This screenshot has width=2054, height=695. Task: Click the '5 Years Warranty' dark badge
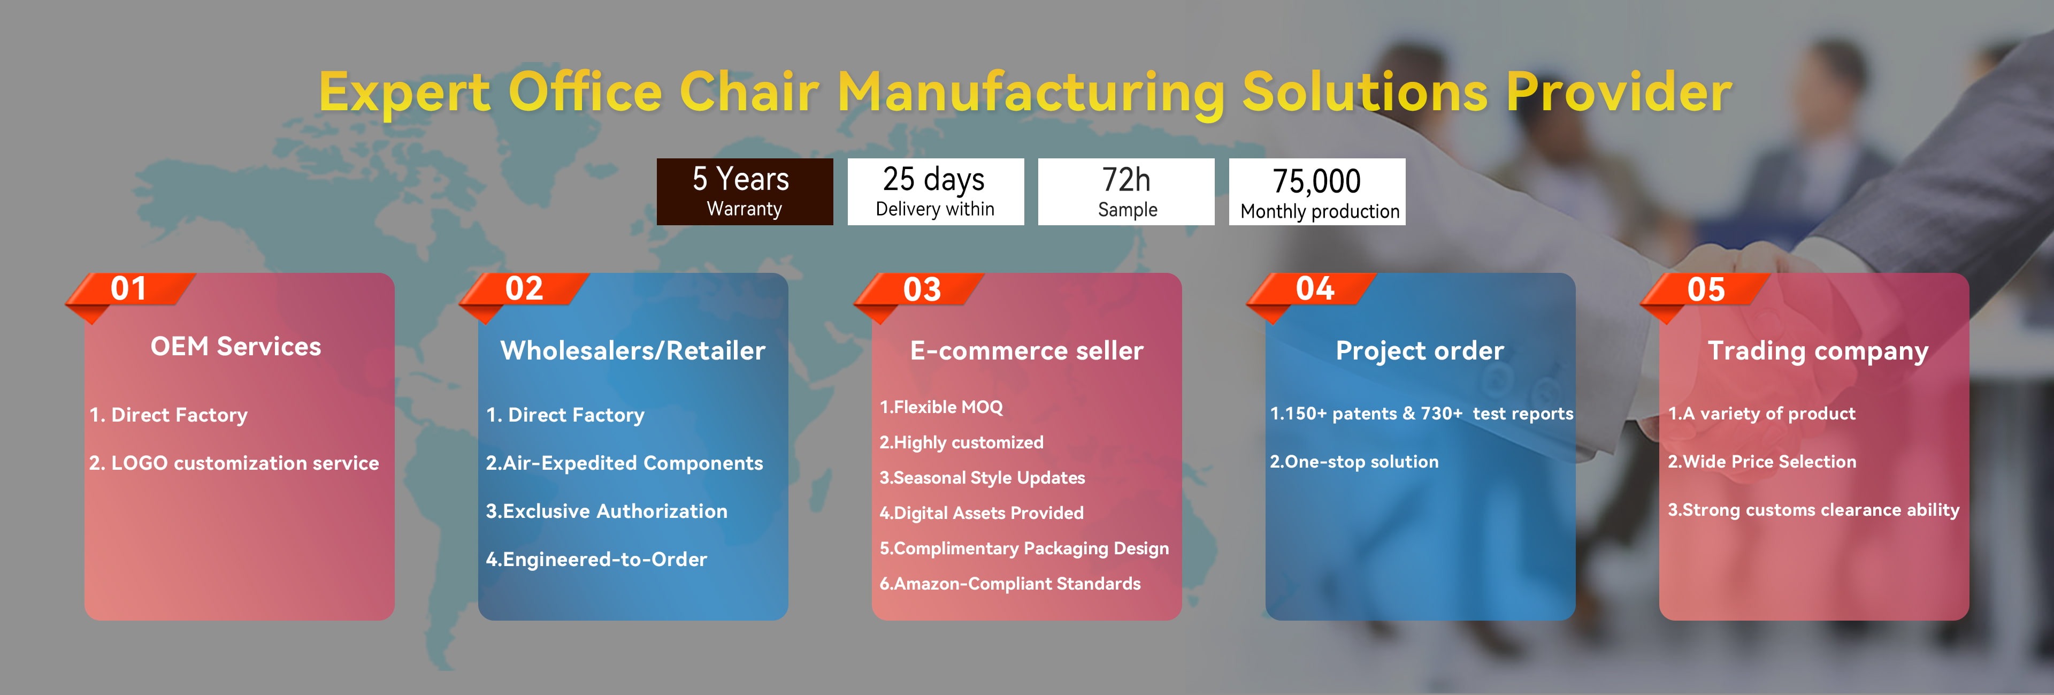click(x=745, y=192)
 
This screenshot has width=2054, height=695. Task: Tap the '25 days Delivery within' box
click(x=936, y=192)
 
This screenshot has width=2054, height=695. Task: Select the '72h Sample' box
click(x=1126, y=192)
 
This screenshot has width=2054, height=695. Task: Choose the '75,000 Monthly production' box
click(x=1317, y=192)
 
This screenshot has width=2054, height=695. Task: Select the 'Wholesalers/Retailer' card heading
click(x=633, y=350)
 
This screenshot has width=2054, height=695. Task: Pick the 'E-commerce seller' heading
click(x=1027, y=350)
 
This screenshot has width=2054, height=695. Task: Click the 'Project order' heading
click(x=1420, y=351)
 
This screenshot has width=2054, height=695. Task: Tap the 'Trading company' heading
click(x=1818, y=351)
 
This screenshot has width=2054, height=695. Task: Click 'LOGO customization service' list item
click(x=234, y=463)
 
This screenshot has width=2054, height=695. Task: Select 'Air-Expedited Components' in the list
click(x=624, y=463)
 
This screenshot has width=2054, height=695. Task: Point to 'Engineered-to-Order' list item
click(x=596, y=559)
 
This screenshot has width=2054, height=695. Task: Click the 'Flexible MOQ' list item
click(x=941, y=407)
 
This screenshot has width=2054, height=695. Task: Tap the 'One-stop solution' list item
click(x=1354, y=461)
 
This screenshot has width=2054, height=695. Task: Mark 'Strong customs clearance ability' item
click(x=1813, y=510)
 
